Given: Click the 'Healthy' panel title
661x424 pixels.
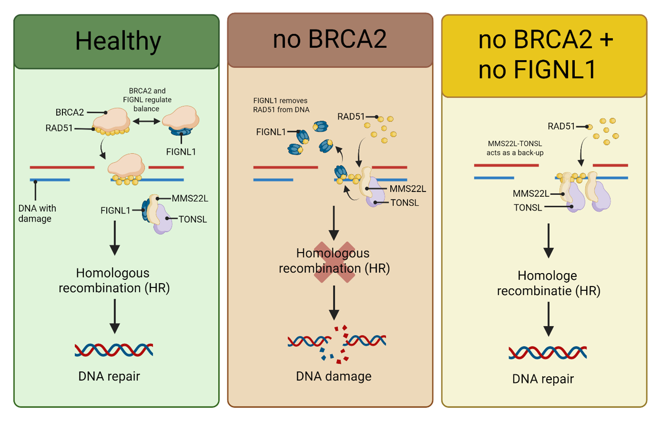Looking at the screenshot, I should click(118, 41).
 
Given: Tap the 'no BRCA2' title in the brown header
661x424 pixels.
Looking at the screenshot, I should click(330, 39).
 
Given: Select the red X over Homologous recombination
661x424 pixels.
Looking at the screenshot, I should click(334, 262).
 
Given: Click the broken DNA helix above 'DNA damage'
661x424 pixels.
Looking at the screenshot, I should click(337, 343).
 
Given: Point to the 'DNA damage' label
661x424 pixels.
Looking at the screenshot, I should click(333, 376).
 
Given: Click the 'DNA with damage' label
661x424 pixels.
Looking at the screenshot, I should click(37, 213).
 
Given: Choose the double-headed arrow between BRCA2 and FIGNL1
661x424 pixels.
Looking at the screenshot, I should click(146, 122).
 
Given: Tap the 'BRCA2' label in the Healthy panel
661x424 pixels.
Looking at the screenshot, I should click(70, 113).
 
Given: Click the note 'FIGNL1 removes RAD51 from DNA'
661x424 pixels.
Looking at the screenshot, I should click(281, 105).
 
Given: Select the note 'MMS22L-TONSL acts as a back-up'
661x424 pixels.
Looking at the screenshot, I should click(515, 148).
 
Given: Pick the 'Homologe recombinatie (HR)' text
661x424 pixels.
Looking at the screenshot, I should click(548, 283).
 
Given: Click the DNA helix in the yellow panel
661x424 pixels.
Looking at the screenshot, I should click(547, 353).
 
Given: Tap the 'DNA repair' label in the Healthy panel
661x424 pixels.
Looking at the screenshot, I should click(109, 376).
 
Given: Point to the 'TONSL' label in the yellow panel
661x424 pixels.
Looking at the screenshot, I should click(527, 208).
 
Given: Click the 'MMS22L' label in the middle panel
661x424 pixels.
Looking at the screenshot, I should click(408, 189).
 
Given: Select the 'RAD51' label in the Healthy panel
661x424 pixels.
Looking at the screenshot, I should click(59, 128).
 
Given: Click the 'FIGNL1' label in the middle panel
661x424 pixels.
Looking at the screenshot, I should click(271, 132).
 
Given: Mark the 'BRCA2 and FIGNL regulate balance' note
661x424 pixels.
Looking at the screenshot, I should click(147, 100).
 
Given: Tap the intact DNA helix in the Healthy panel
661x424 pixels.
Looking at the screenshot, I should click(114, 350).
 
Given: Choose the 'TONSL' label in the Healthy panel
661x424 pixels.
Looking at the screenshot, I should click(193, 219).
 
